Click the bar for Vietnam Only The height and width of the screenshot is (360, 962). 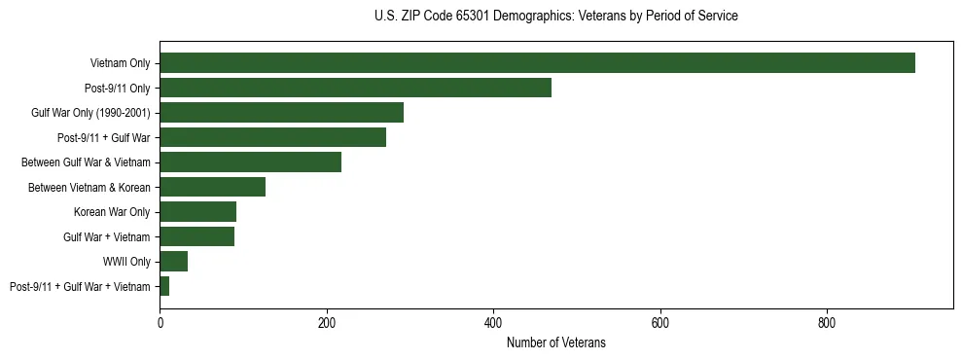point(537,63)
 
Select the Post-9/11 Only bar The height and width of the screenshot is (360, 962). point(355,88)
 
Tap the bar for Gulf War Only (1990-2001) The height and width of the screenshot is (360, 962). point(281,113)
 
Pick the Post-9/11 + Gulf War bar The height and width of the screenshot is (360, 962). point(272,137)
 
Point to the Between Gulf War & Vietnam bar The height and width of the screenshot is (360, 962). point(250,162)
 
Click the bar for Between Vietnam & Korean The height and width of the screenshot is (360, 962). point(212,187)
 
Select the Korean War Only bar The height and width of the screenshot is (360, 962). point(197,211)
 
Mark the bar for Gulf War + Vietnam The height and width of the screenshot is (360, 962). point(196,236)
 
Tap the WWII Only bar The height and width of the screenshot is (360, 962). point(173,261)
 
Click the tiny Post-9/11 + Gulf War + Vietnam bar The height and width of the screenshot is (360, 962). point(164,286)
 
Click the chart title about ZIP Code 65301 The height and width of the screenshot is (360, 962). point(555,17)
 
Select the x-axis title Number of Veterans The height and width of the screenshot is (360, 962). point(555,342)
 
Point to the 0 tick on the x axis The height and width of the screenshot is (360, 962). point(160,323)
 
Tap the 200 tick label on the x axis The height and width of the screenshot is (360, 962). point(327,323)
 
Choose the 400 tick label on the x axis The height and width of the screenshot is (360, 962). point(493,323)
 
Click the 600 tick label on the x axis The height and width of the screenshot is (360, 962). point(660,323)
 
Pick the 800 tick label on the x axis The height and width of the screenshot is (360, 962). point(827,323)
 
